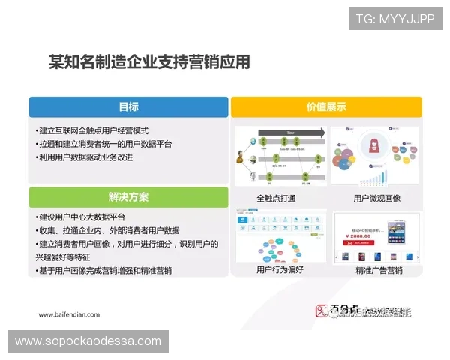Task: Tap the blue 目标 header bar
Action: pyautogui.click(x=128, y=107)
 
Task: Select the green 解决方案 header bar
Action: pyautogui.click(x=128, y=197)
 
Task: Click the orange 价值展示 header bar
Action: pyautogui.click(x=326, y=107)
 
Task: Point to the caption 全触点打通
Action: pyautogui.click(x=275, y=199)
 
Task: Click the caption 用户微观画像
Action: pyautogui.click(x=376, y=199)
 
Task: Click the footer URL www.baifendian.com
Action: pyautogui.click(x=68, y=315)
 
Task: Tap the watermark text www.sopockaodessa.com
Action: pyautogui.click(x=88, y=341)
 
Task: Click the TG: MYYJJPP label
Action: pyautogui.click(x=394, y=18)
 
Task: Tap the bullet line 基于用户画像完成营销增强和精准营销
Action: pyautogui.click(x=105, y=271)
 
